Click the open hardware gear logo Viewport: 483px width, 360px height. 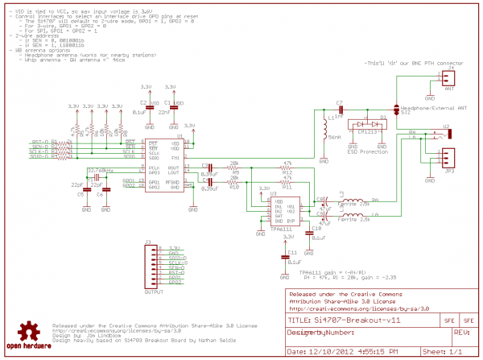tap(31, 333)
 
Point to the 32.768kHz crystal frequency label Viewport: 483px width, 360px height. tap(100, 170)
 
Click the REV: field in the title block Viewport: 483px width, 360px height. tap(462, 331)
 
